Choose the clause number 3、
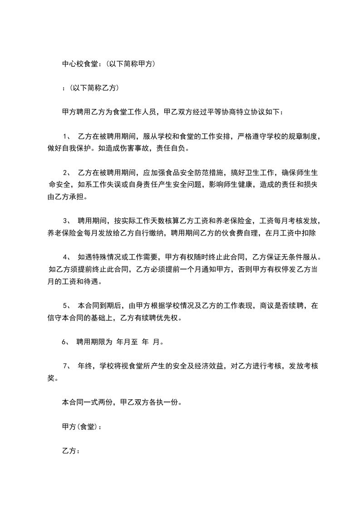[66, 221]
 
